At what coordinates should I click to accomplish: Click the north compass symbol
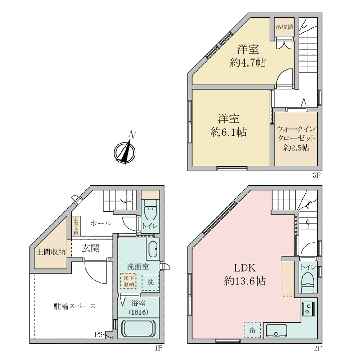point(125,152)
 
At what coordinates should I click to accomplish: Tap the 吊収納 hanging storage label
point(284,27)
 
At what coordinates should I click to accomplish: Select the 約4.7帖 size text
point(248,62)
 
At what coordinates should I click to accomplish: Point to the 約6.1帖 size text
point(229,132)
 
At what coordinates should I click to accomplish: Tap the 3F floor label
point(316,175)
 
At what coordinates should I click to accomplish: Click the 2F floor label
point(318,349)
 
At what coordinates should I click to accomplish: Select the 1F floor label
point(158,348)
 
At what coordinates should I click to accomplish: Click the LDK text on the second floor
point(245,268)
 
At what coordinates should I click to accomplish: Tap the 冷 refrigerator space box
point(252,330)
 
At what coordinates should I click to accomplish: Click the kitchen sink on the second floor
point(276,331)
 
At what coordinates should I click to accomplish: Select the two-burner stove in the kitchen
point(309,309)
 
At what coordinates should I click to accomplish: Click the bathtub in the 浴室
point(138,328)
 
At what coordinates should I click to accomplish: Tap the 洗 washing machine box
point(150,283)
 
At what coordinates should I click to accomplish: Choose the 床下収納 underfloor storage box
point(129,281)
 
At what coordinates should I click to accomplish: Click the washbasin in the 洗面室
point(153,249)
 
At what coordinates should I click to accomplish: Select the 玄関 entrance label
point(91,248)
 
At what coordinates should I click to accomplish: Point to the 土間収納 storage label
point(51,252)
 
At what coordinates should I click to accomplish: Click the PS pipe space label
point(99,334)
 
